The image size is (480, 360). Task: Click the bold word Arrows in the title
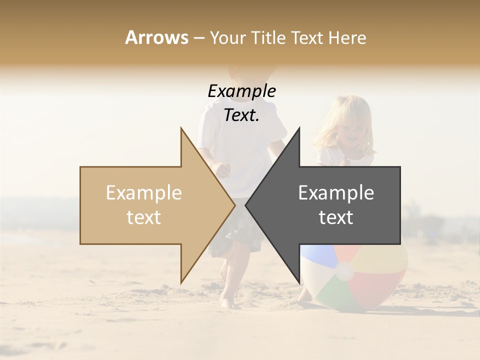pyautogui.click(x=156, y=37)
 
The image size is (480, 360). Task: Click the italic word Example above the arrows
pyautogui.click(x=241, y=91)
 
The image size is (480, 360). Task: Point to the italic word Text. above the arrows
pyautogui.click(x=241, y=115)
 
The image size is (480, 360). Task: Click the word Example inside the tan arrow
pyautogui.click(x=144, y=193)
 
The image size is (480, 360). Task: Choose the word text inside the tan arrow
pyautogui.click(x=144, y=217)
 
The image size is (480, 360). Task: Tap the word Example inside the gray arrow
pyautogui.click(x=336, y=193)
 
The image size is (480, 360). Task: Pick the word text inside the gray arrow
pyautogui.click(x=336, y=217)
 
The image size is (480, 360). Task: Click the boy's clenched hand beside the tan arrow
pyautogui.click(x=222, y=169)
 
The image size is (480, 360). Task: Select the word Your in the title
pyautogui.click(x=227, y=37)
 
